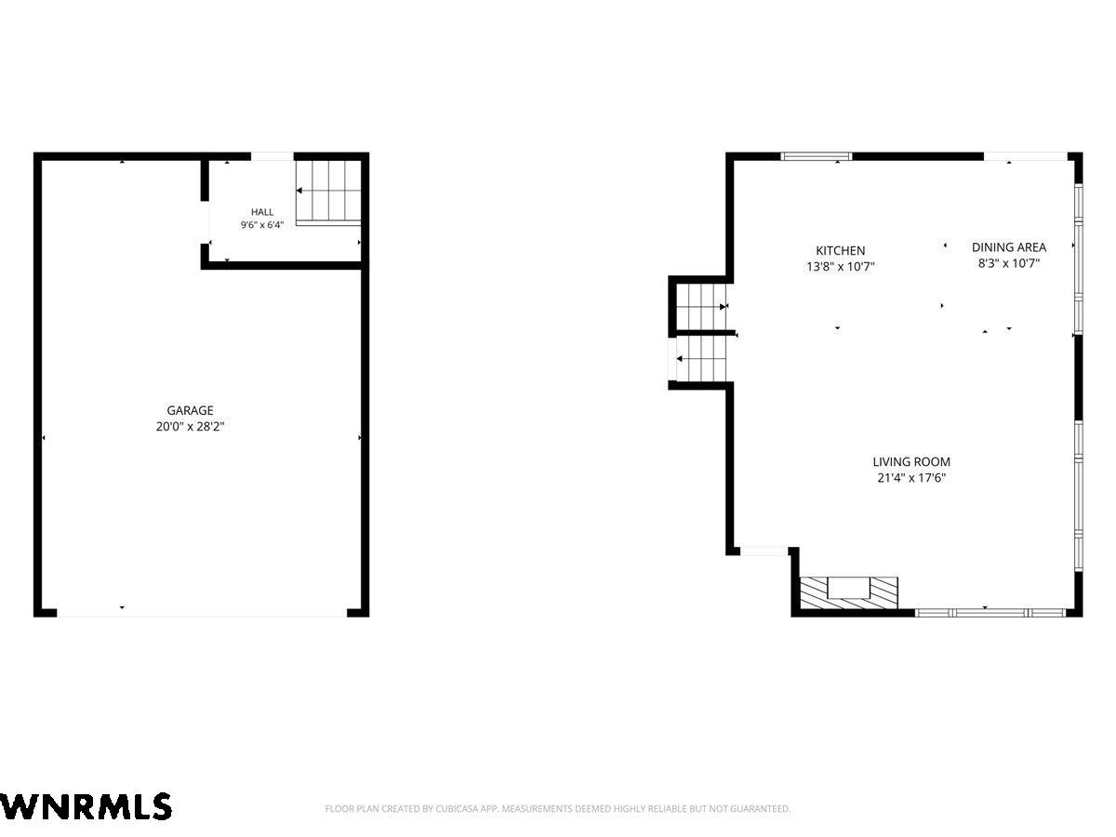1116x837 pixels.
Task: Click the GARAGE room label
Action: (x=190, y=410)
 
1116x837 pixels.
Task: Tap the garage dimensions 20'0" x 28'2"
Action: (x=190, y=426)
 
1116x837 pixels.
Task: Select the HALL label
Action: (x=262, y=212)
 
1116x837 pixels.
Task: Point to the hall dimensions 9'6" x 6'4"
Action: (x=262, y=225)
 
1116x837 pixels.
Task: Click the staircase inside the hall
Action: (x=328, y=193)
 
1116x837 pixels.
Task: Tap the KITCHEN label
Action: (x=840, y=250)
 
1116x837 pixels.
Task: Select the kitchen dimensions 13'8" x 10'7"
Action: (x=840, y=266)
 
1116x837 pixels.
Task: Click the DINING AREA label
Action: (x=1009, y=247)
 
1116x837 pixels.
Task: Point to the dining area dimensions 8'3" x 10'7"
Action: (x=1009, y=263)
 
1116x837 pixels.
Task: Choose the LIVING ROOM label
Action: (x=911, y=462)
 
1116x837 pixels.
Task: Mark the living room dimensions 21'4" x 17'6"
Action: (x=911, y=478)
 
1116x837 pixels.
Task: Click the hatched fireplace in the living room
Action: (x=848, y=592)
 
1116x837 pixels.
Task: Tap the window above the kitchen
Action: (x=816, y=156)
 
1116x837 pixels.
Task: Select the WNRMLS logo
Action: (x=86, y=806)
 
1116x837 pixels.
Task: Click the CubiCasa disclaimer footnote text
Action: (x=558, y=808)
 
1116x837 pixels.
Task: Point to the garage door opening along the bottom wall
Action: (x=201, y=612)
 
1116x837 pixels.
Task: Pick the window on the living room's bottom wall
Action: (x=990, y=613)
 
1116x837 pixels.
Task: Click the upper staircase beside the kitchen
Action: (x=701, y=307)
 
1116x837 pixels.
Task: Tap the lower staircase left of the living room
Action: (x=701, y=359)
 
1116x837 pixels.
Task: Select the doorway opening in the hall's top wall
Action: (x=272, y=156)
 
